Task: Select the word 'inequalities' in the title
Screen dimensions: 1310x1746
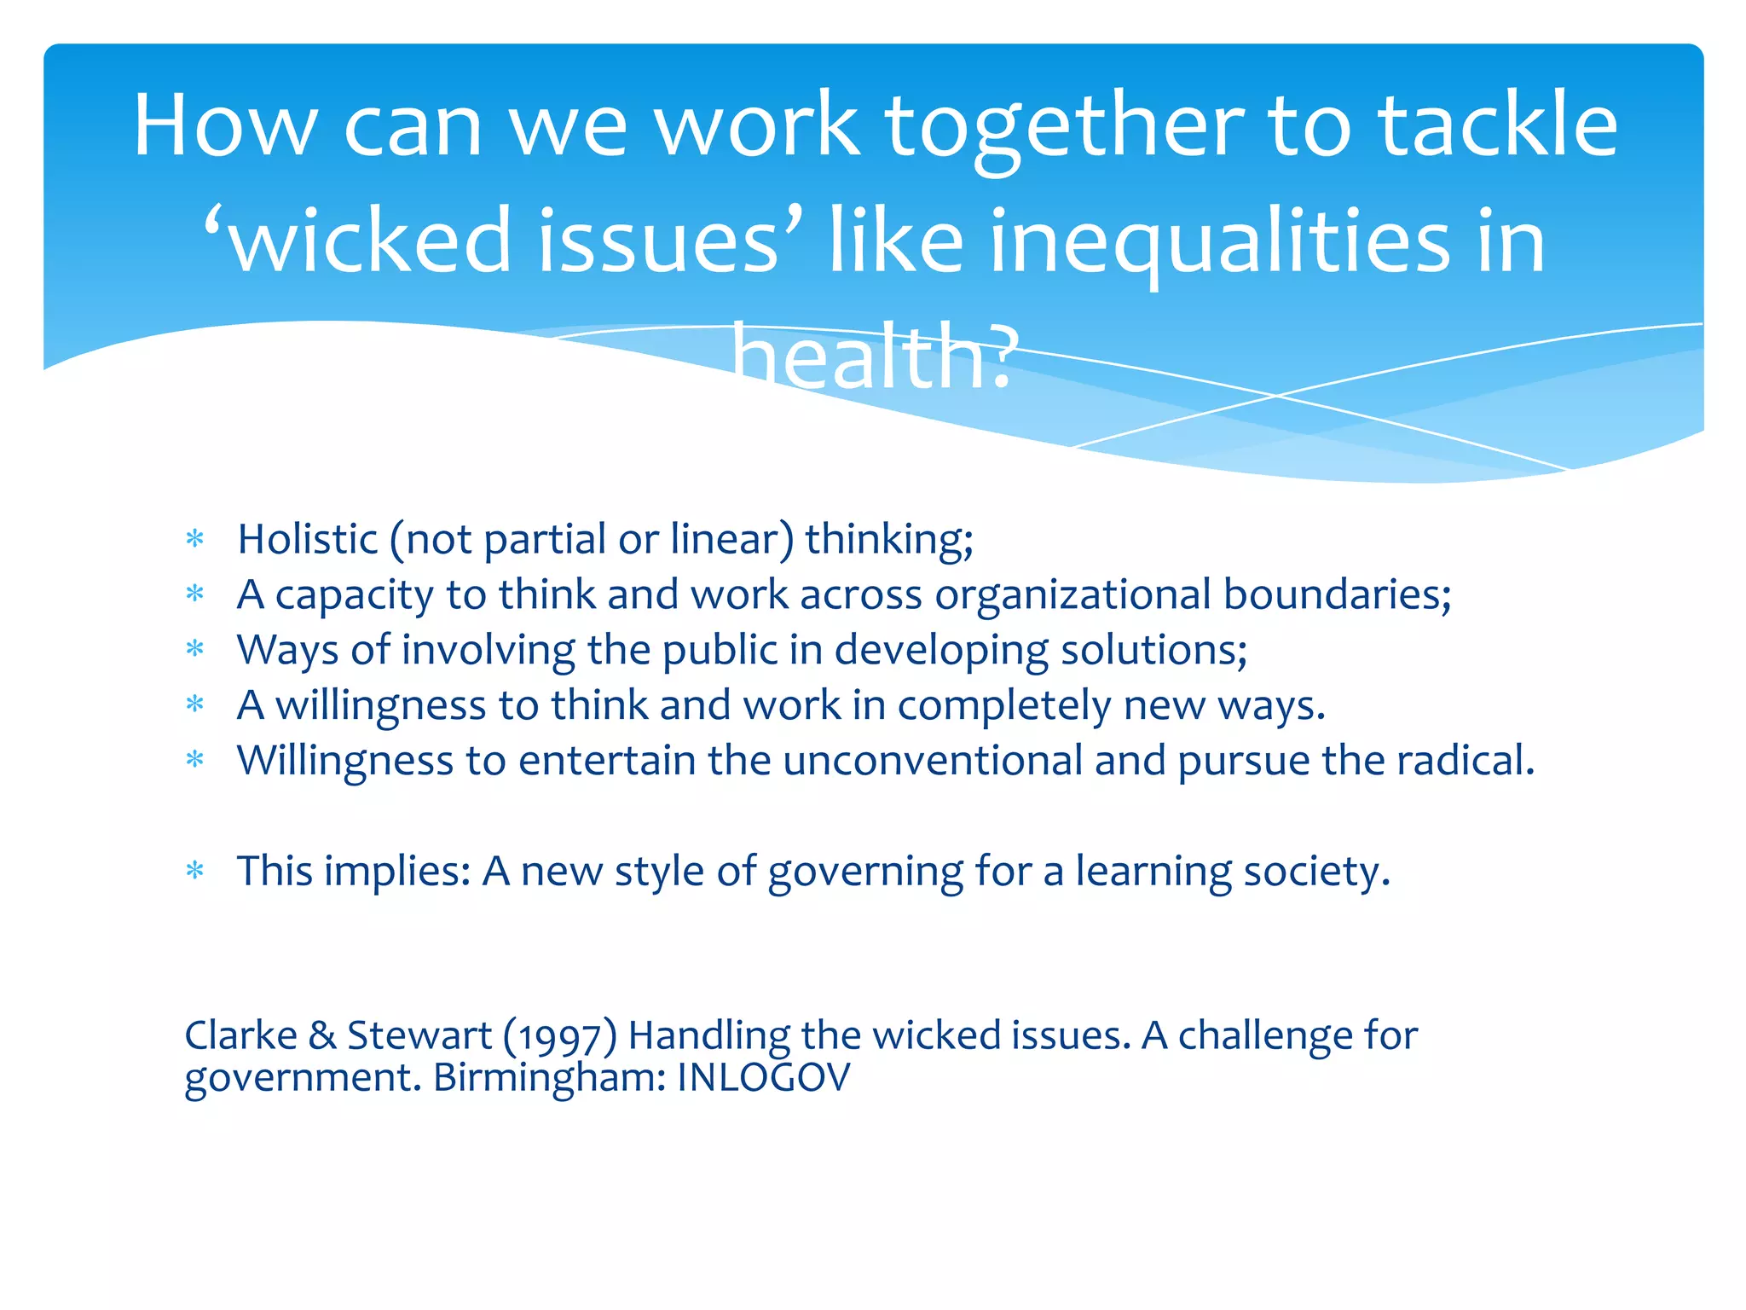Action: coord(1219,243)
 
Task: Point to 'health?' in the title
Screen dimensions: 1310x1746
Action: coord(875,356)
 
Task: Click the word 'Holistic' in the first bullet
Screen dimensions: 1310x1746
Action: coord(307,539)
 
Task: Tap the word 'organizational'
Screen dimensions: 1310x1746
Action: coord(1072,594)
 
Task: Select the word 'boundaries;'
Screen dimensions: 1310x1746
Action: coord(1338,594)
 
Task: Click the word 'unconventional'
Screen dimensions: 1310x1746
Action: coord(933,761)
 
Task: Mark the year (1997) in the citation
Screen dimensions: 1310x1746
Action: coord(560,1036)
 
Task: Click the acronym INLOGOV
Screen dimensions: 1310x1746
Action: coord(764,1078)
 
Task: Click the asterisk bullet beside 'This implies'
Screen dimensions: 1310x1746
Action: coord(196,871)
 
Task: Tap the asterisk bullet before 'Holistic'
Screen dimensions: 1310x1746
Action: coord(196,539)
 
